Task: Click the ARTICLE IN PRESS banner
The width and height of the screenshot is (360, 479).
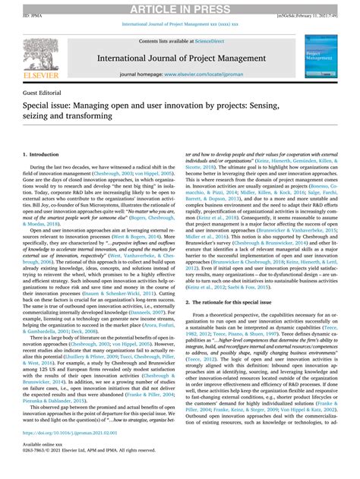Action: pos(180,7)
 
